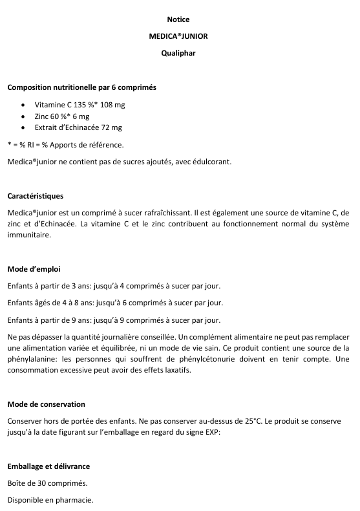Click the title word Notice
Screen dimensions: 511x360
(178, 19)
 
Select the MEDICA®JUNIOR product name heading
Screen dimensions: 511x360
(178, 36)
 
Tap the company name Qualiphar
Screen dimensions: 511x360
(178, 53)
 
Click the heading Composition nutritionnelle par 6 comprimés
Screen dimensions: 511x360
(81, 87)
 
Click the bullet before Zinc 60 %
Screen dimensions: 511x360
(24, 116)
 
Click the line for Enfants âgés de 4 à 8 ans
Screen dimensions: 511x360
(116, 302)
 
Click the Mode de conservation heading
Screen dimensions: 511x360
(46, 404)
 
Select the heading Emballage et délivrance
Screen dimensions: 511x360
(48, 466)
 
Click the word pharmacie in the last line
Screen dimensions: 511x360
(75, 499)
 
